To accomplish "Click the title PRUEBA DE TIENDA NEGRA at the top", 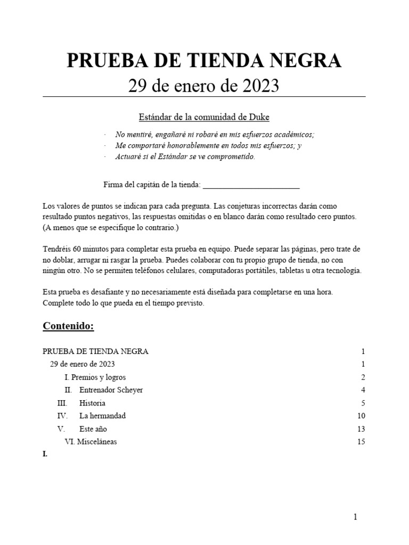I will tap(204, 62).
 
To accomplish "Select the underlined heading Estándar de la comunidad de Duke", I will tap(204, 117).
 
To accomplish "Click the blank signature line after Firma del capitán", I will tap(251, 185).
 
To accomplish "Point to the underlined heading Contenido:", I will tap(68, 326).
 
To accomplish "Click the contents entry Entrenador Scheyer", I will tap(111, 390).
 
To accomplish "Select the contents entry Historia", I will tap(92, 403).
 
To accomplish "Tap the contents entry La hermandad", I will tap(102, 416).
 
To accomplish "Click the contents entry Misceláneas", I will tap(96, 441).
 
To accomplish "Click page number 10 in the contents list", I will tap(361, 416).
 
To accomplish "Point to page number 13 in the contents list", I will tap(361, 428).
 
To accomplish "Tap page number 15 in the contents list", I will tap(361, 441).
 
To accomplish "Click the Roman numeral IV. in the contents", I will tap(62, 416).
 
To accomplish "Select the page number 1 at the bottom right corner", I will tap(355, 516).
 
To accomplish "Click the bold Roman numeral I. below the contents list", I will tap(45, 455).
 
